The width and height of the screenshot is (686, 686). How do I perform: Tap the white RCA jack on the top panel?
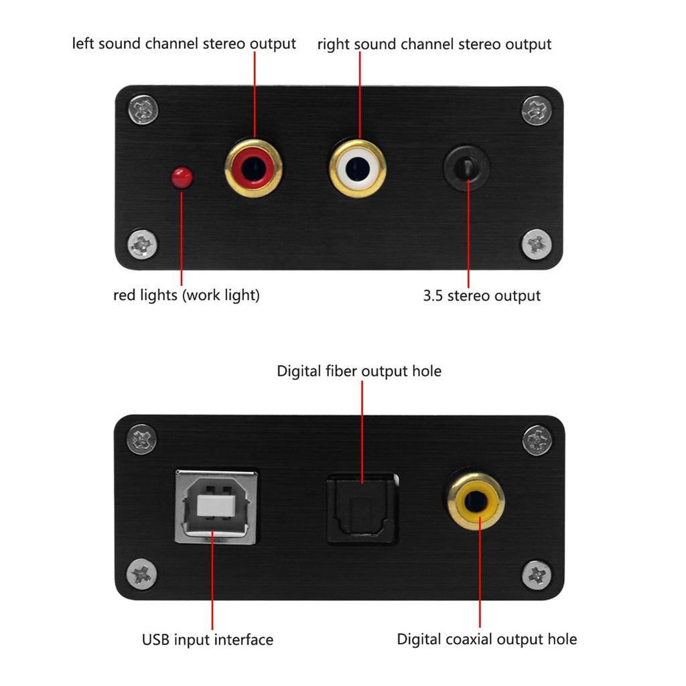(x=358, y=169)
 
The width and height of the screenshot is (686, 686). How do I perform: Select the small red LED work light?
(x=182, y=177)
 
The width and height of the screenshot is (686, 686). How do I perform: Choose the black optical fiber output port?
(x=361, y=507)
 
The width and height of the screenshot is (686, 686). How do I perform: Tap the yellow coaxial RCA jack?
(x=476, y=501)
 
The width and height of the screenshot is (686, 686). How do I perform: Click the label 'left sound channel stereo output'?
(x=184, y=44)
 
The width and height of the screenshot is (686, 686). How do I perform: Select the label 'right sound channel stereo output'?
(x=434, y=44)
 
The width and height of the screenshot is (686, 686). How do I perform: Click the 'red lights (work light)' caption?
(x=186, y=295)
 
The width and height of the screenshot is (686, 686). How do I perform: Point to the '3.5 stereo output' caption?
(x=481, y=295)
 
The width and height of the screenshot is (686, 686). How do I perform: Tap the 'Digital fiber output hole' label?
(x=359, y=370)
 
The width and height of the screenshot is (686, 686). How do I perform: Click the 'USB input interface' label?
(x=208, y=640)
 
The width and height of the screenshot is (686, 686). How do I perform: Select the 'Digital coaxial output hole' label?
(x=486, y=639)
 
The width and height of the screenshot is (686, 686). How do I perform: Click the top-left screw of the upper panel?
(x=143, y=109)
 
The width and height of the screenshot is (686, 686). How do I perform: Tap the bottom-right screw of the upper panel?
(x=537, y=245)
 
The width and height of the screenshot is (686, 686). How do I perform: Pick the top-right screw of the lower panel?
(x=537, y=440)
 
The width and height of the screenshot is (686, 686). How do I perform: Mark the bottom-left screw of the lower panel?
(x=142, y=574)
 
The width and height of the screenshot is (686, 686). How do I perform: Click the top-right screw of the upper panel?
(x=537, y=110)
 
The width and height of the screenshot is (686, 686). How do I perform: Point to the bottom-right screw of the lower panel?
(x=537, y=575)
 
